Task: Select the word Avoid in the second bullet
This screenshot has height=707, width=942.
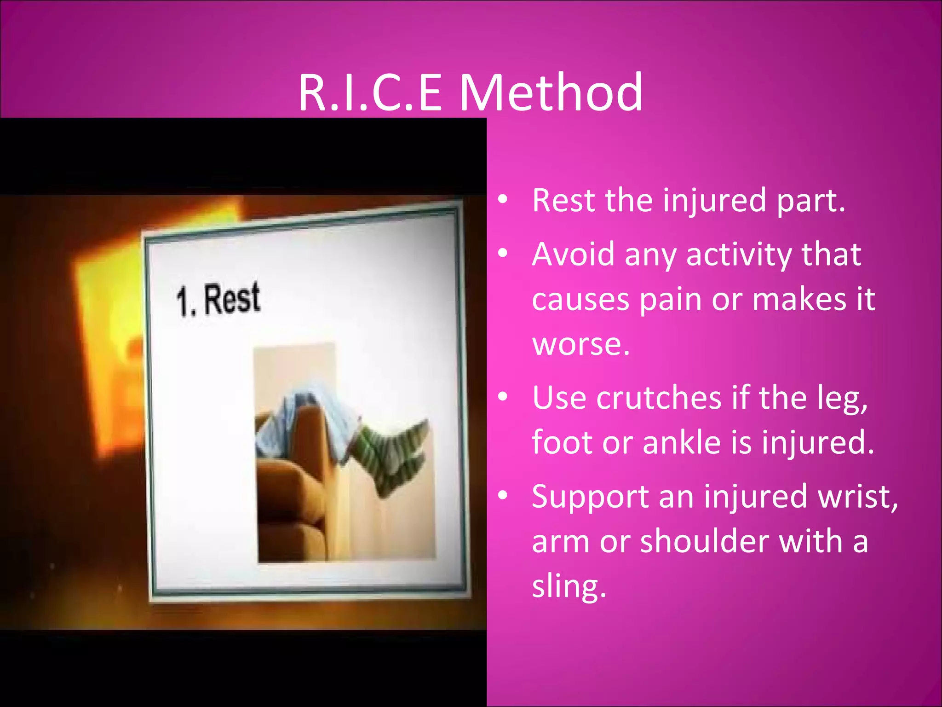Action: click(573, 254)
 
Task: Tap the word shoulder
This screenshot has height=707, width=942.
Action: click(704, 541)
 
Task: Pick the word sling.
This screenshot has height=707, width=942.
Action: click(569, 586)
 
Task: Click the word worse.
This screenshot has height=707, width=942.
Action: click(580, 344)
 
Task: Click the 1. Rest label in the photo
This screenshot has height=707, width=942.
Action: click(218, 300)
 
